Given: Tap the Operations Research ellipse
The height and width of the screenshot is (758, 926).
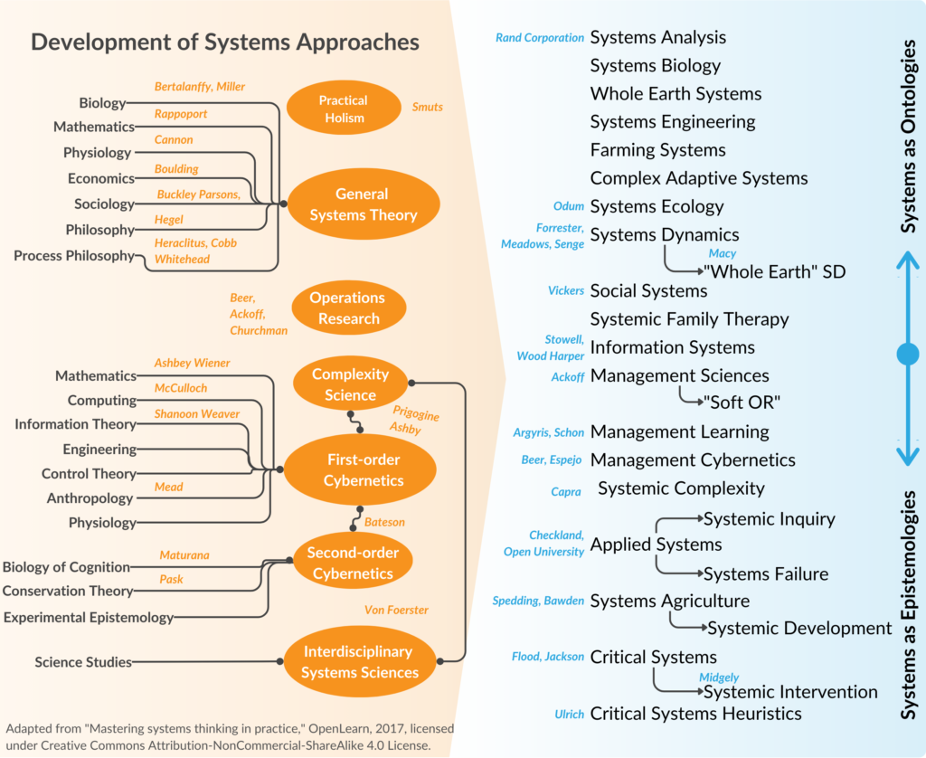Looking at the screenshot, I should coord(347,308).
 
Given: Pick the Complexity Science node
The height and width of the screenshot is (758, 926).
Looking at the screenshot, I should coord(350,384).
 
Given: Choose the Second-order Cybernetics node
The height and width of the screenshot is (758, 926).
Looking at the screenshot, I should coord(352,563).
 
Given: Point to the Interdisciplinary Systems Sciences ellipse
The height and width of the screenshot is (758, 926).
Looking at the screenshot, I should coord(360,662).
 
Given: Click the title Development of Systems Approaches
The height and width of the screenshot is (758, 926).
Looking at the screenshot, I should coord(225,42).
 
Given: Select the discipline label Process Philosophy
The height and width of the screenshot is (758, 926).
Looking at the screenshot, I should coord(74,256).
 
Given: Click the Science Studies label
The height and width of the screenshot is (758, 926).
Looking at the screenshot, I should coord(83,662).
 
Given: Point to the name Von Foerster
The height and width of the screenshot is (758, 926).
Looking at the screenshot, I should coord(396,611).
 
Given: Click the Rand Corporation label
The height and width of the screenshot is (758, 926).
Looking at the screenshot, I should coord(540,38).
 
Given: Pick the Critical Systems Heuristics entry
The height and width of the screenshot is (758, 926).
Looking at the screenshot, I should coord(695,714).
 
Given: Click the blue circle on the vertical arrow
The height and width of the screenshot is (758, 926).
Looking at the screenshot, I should coord(907,354).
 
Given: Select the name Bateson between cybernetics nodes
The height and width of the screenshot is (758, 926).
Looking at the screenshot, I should coord(386,522).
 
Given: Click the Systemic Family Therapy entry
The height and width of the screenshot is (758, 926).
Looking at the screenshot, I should coord(689,319).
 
